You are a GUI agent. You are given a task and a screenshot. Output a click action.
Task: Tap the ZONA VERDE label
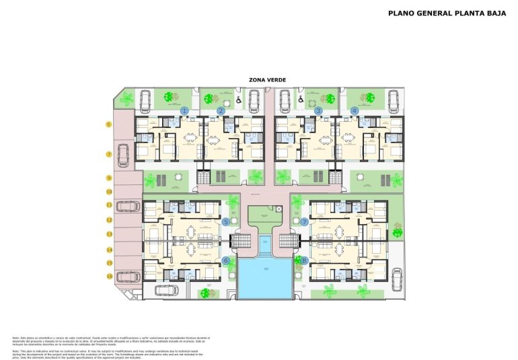pyautogui.click(x=267, y=80)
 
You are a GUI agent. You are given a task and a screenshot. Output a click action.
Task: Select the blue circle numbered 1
pyautogui.click(x=184, y=110)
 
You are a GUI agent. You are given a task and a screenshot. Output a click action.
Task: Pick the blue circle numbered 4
pyautogui.click(x=355, y=110)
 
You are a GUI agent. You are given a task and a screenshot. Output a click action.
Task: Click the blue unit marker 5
pyautogui.click(x=226, y=221)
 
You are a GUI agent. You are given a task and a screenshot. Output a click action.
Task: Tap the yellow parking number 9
pyautogui.click(x=108, y=178)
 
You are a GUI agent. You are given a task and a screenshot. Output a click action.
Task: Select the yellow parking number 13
pyautogui.click(x=108, y=234)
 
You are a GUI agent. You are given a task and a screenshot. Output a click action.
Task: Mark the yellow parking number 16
pyautogui.click(x=108, y=276)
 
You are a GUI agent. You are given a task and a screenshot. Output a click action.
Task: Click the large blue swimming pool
pyautogui.click(x=265, y=279)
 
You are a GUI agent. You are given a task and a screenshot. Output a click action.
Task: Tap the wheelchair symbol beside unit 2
pyautogui.click(x=239, y=101)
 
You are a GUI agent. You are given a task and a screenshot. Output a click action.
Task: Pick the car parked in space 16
pyautogui.click(x=126, y=276)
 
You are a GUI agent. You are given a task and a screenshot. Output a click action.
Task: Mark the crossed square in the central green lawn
pyautogui.click(x=279, y=209)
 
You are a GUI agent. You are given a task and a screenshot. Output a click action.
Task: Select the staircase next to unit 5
pyautogui.click(x=240, y=241)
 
